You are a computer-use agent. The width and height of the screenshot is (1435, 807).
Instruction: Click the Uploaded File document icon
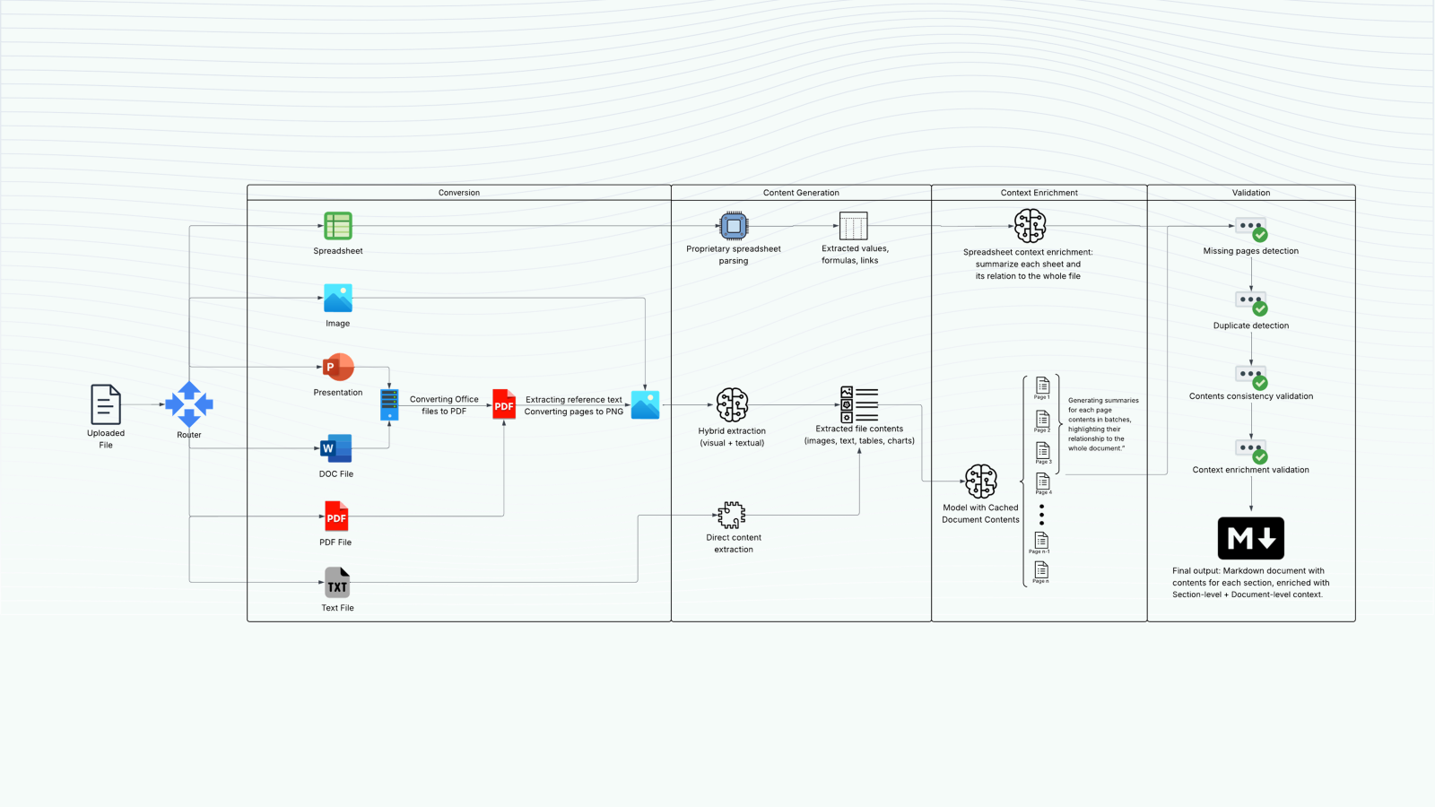(106, 404)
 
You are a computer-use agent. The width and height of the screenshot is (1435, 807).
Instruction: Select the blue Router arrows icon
(189, 404)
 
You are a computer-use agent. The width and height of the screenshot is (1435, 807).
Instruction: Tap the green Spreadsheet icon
(338, 226)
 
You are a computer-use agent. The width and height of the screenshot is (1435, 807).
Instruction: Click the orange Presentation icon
(338, 367)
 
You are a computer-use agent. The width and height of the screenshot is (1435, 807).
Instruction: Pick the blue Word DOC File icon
(336, 448)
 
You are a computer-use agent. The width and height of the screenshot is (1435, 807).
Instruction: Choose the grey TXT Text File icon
(337, 583)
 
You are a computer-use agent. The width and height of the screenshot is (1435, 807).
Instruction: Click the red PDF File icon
(336, 516)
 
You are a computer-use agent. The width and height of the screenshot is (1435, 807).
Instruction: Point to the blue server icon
(389, 405)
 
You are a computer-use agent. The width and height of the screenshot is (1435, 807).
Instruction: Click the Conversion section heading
(459, 193)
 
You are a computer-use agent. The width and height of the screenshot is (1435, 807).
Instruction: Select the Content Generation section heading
(801, 193)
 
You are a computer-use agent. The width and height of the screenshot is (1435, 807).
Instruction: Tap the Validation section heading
(1251, 193)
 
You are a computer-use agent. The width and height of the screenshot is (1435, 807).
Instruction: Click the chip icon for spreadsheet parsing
(734, 226)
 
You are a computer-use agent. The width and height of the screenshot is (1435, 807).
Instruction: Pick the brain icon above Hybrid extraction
(732, 405)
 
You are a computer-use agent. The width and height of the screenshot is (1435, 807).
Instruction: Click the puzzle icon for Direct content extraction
(732, 515)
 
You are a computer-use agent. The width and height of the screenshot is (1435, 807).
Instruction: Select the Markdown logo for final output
(1251, 538)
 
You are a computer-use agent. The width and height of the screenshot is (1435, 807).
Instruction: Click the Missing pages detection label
(1251, 251)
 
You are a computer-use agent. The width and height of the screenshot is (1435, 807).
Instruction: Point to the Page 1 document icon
(1042, 386)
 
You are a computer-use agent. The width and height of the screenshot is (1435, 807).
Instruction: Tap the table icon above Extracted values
(853, 226)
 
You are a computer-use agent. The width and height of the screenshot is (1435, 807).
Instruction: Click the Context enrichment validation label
(1251, 470)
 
